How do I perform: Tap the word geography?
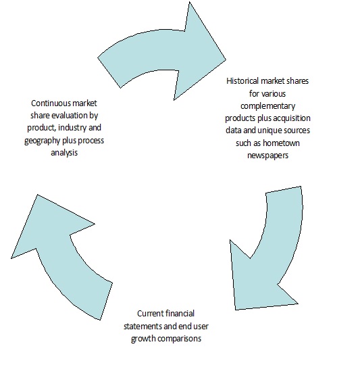coord(42,141)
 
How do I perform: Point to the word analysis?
coord(64,153)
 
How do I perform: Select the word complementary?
coord(267,106)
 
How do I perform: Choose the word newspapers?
coord(267,156)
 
